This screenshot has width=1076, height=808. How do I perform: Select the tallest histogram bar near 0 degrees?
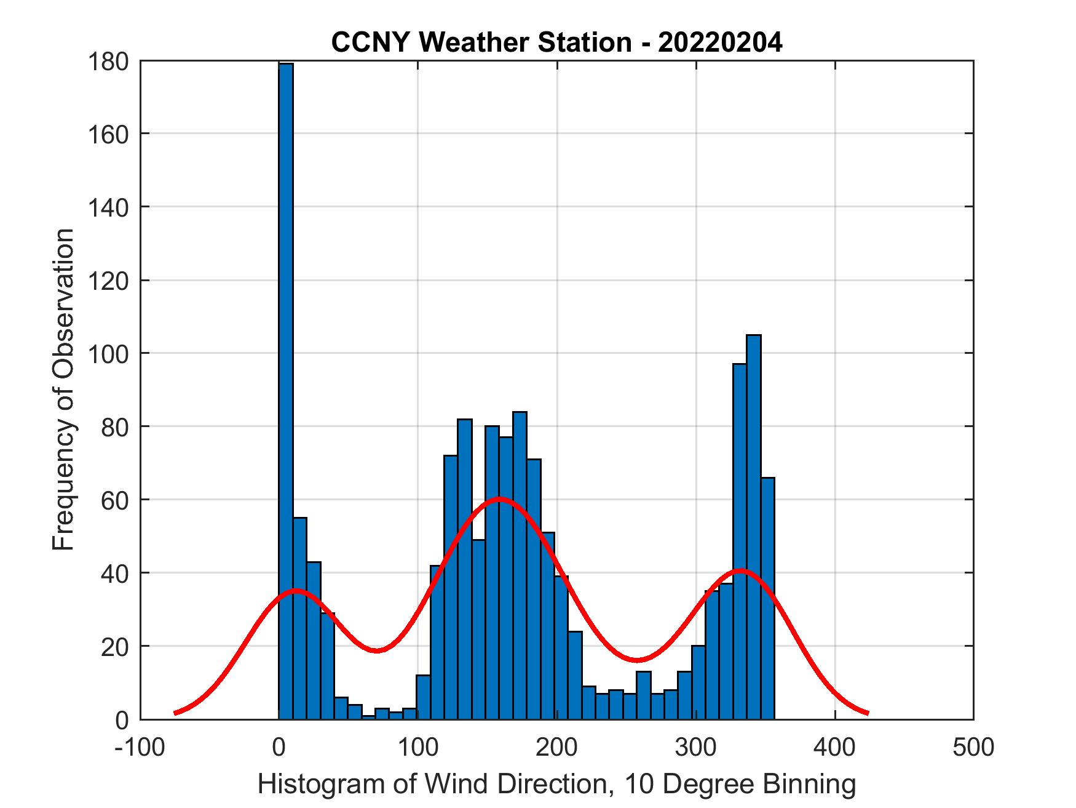click(x=285, y=388)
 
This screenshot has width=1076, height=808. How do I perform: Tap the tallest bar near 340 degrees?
click(x=753, y=523)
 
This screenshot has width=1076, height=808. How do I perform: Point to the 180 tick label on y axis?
click(x=108, y=62)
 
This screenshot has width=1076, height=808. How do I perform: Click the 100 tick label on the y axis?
click(x=108, y=354)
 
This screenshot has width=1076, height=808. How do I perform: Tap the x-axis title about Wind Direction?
click(x=556, y=784)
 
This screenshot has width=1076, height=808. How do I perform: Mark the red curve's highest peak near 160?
click(x=499, y=498)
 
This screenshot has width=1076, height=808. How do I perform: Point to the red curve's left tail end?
click(x=176, y=713)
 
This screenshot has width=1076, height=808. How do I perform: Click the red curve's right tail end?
click(x=867, y=713)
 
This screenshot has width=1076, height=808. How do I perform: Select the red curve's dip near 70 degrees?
click(x=377, y=650)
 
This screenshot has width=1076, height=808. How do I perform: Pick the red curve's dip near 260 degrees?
click(x=638, y=660)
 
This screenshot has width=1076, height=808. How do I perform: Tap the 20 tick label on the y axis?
click(x=115, y=646)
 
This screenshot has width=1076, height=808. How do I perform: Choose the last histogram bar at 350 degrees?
click(x=767, y=597)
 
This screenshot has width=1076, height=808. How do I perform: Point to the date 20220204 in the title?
click(x=720, y=42)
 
